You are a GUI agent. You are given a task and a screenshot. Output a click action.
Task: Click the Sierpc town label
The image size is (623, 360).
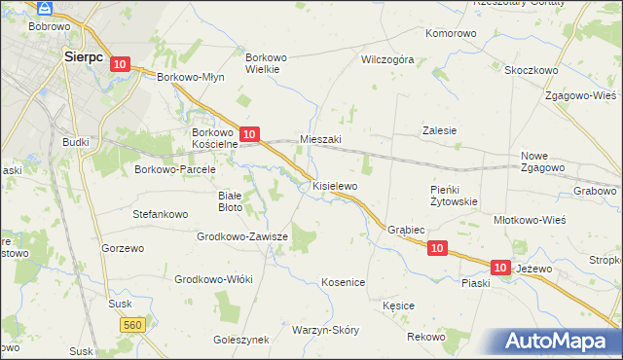click(84, 56)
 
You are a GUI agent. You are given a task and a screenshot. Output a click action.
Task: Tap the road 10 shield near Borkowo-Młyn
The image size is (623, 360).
click(119, 64)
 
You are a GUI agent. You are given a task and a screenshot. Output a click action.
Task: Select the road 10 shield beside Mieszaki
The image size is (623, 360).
click(249, 134)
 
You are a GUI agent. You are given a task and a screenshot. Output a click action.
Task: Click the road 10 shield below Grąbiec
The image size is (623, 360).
click(437, 249)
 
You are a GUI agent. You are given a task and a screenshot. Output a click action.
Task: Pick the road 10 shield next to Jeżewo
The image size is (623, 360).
click(500, 267)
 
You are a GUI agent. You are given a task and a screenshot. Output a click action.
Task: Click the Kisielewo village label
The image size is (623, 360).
click(335, 185)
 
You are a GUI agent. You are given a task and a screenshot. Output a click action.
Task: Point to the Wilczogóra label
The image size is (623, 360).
click(387, 59)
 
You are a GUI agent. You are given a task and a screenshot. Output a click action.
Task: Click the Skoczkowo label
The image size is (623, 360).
click(531, 70)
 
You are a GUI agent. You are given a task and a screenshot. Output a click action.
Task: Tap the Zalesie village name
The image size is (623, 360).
click(439, 130)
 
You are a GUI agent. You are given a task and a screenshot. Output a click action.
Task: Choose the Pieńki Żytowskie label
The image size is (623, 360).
click(454, 196)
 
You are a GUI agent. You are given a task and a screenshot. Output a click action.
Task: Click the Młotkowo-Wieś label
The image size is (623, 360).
click(531, 220)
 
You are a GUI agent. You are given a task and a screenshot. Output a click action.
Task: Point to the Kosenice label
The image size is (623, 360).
click(343, 282)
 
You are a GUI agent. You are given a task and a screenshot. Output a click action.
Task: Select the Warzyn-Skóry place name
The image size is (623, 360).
click(325, 330)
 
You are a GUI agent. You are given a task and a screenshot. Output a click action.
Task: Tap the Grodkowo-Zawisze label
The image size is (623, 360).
click(242, 236)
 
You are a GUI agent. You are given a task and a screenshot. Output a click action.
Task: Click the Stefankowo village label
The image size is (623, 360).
click(160, 211)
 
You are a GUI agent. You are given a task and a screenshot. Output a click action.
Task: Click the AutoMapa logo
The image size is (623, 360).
click(560, 341)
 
